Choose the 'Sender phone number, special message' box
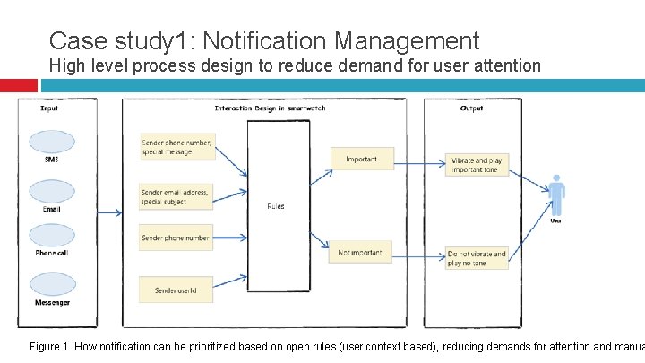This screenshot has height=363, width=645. (177, 146)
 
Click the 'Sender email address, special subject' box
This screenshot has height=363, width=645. (177, 196)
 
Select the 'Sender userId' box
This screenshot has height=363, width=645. (176, 290)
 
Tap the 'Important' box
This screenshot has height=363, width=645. (361, 159)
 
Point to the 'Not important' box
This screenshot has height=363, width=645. (360, 253)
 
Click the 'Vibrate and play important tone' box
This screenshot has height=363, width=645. (477, 164)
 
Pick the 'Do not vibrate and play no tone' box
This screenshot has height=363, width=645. (477, 258)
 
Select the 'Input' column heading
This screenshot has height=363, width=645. (50, 108)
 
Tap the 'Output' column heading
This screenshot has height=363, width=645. (471, 108)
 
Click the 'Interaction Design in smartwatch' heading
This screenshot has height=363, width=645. (270, 108)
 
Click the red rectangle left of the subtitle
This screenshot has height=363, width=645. (19, 85)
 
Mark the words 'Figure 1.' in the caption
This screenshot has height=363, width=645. (51, 346)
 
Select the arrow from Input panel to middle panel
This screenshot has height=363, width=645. (107, 212)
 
